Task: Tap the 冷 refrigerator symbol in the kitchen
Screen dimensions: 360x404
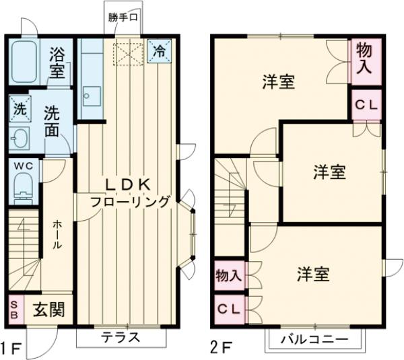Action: (x=160, y=50)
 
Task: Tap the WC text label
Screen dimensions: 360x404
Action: (x=24, y=164)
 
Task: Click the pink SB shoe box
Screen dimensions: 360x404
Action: (x=15, y=310)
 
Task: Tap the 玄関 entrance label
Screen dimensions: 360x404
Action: (x=49, y=310)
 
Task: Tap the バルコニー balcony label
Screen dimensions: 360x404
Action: (x=314, y=338)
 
